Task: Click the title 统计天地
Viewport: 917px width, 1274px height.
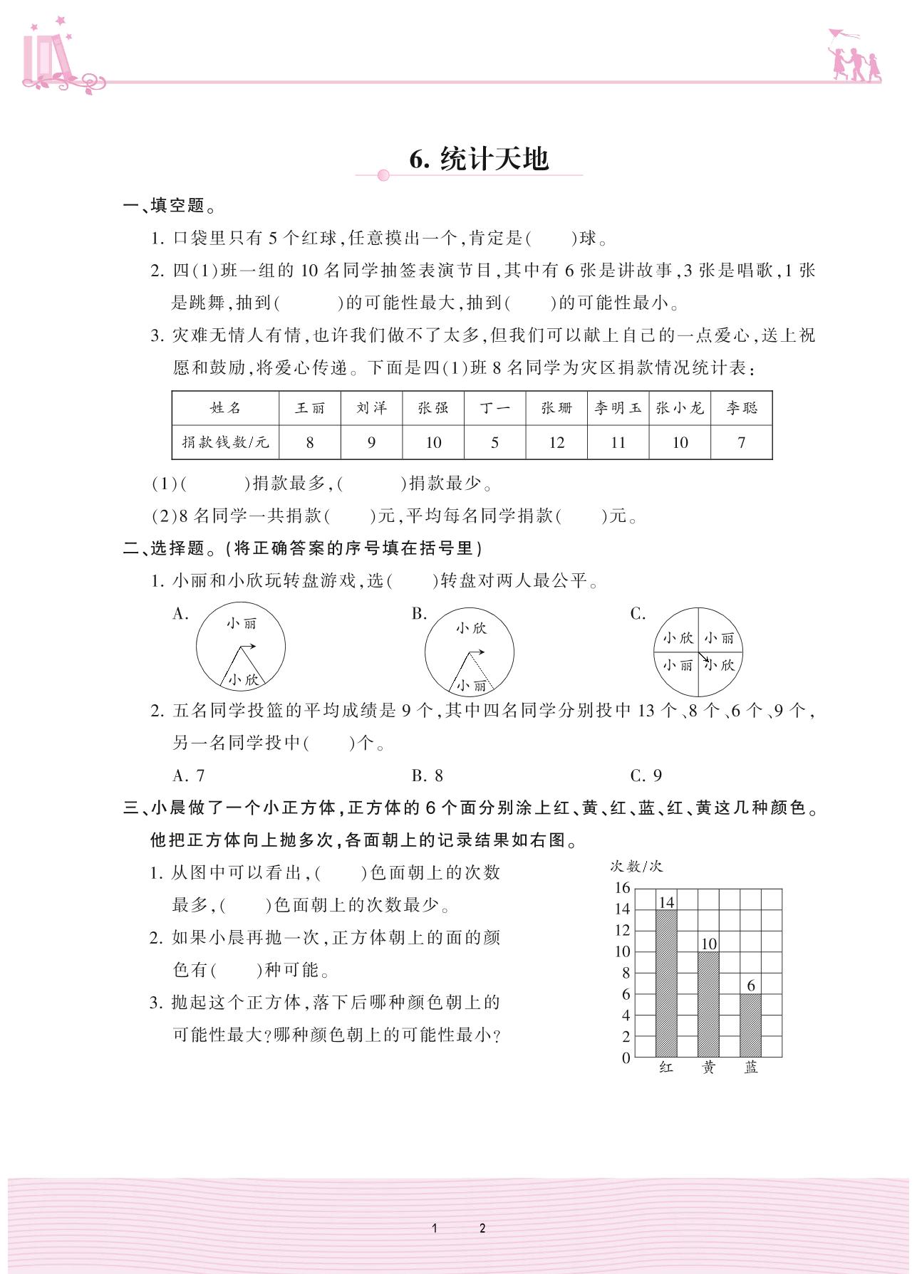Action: tap(480, 159)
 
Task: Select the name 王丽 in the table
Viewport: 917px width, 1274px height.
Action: tap(310, 408)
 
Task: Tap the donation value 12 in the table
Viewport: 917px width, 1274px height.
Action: tap(556, 443)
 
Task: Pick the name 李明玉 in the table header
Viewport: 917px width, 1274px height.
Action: tap(618, 408)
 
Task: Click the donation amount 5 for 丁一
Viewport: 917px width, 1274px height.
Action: tap(494, 443)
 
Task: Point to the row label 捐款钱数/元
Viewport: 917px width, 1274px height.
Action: tap(225, 442)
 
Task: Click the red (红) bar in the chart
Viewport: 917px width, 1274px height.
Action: tap(666, 983)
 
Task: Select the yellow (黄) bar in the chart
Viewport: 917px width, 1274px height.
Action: tap(708, 1004)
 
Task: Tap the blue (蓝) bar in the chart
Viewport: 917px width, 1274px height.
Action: tap(750, 1025)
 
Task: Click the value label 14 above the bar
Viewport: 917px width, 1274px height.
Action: tap(666, 902)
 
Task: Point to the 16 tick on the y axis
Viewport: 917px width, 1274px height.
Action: tap(623, 887)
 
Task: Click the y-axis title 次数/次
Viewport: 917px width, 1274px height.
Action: tap(636, 866)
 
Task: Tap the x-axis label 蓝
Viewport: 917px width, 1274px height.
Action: tap(751, 1067)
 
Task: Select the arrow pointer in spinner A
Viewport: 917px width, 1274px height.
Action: tap(247, 647)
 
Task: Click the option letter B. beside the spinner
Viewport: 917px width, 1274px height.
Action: tap(419, 614)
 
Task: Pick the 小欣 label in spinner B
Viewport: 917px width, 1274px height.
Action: tap(471, 628)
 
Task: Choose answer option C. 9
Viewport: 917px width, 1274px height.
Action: tap(646, 776)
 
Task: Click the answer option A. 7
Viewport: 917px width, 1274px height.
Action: tap(189, 776)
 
